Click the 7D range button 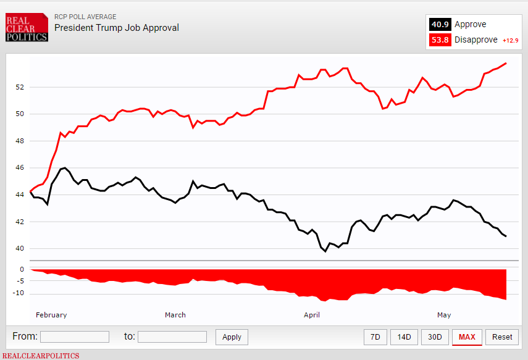pos(375,337)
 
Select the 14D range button pos(404,337)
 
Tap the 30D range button pos(435,337)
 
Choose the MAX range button pos(467,337)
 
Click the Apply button pos(232,337)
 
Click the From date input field pos(75,337)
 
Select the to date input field pos(172,337)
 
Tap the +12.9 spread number pos(510,41)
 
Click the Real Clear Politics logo pos(27,28)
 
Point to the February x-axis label pos(51,315)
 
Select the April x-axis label pos(312,315)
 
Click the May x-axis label pos(444,315)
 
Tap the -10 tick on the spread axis pos(19,293)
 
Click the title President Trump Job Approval pos(117,28)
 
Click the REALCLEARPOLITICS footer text pos(41,356)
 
